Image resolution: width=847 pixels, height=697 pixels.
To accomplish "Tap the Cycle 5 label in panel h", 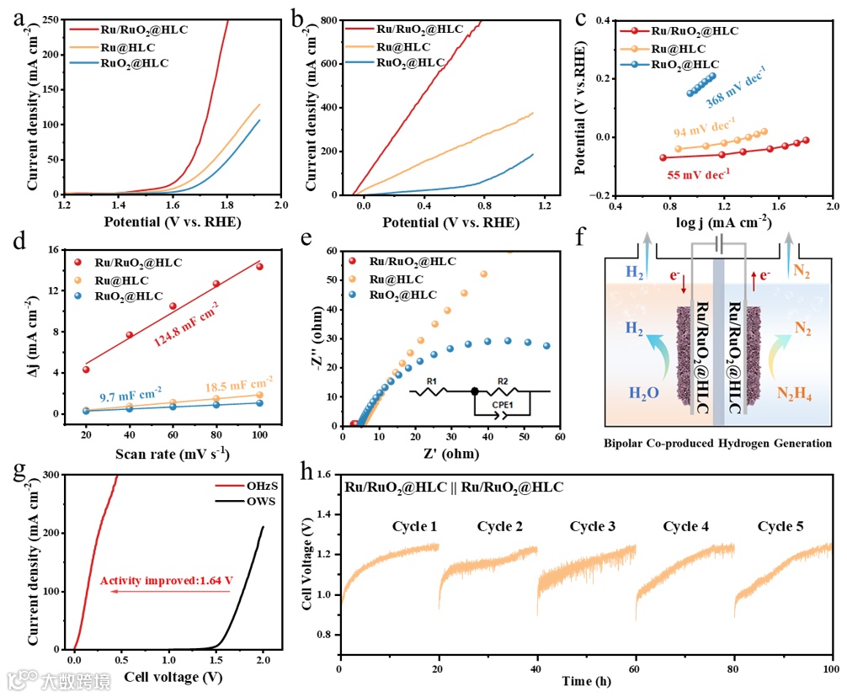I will click(780, 527).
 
